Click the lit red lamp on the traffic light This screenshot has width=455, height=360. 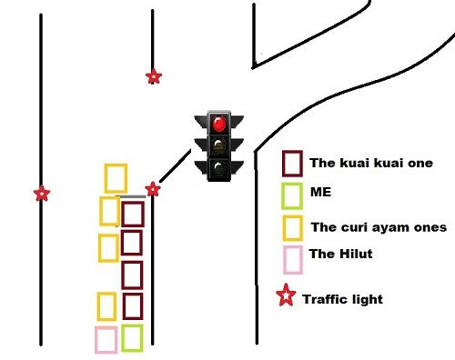tap(217, 122)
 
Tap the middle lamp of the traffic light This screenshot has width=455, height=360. tap(217, 145)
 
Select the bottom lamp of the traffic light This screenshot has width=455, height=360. tap(217, 167)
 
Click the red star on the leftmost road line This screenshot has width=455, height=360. tap(41, 194)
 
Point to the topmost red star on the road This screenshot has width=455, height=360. tap(154, 77)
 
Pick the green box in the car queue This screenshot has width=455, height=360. tap(132, 337)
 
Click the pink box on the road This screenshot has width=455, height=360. tap(106, 339)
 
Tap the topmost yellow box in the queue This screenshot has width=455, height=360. tap(115, 177)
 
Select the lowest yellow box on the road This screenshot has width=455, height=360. tap(106, 306)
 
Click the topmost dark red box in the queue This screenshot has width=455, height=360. tap(133, 214)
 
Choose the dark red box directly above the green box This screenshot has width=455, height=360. tap(133, 306)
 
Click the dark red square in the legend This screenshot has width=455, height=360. tap(292, 164)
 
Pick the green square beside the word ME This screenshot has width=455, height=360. tap(292, 195)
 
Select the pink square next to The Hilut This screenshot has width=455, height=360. tap(292, 259)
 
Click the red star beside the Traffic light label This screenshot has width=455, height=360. tap(286, 296)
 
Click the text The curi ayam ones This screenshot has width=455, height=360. tap(379, 227)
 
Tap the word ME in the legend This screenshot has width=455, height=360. tap(320, 194)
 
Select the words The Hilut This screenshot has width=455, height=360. tap(341, 255)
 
